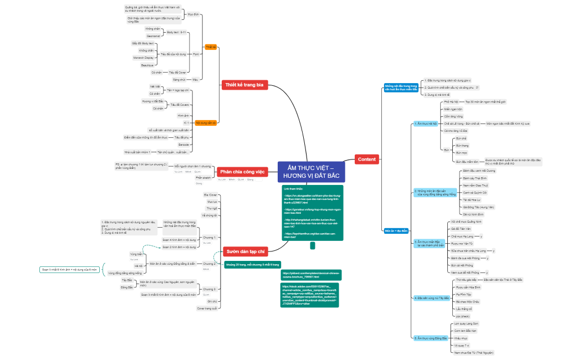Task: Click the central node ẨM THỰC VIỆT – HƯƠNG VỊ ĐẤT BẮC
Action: tap(311, 172)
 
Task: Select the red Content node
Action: tap(367, 160)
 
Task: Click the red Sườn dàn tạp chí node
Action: tap(244, 251)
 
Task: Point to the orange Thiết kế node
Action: tap(211, 47)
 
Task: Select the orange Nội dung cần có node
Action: tap(206, 122)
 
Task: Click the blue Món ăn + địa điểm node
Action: tap(397, 230)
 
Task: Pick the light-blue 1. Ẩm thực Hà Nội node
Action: tap(426, 124)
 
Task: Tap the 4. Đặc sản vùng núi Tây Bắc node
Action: tap(431, 298)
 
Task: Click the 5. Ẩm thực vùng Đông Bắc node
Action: tap(430, 337)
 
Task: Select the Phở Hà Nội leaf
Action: tap(452, 102)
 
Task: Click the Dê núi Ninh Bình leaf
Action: tap(473, 214)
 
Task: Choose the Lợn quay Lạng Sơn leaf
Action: tap(466, 323)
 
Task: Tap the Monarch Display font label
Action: tap(143, 57)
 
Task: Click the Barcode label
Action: tap(183, 144)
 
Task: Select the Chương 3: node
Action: tap(208, 289)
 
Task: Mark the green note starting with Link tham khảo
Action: tap(313, 213)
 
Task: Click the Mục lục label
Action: tap(212, 202)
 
